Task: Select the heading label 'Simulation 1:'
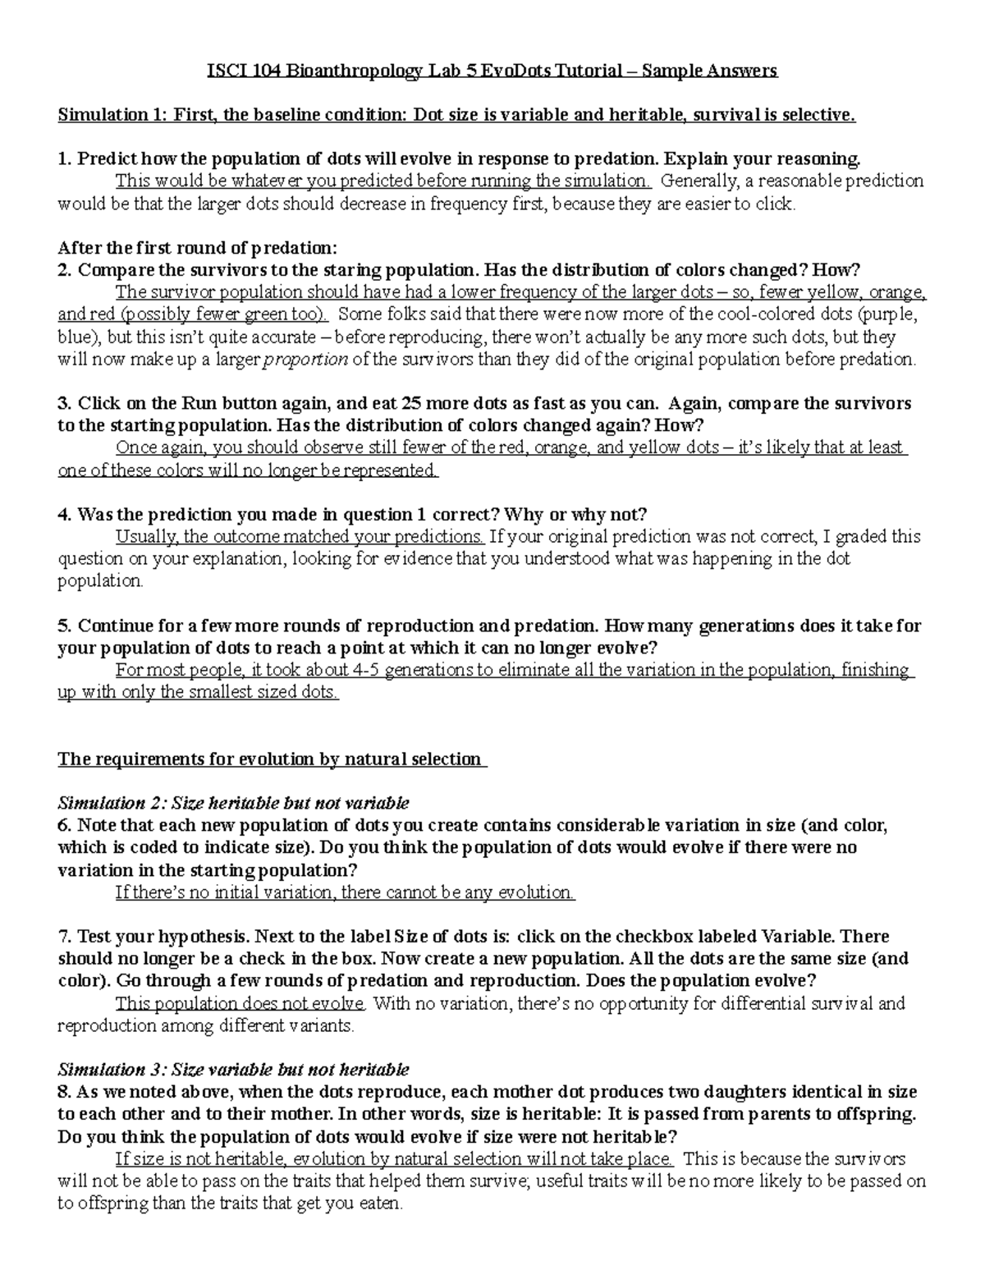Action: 112,115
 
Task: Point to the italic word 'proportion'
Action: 304,360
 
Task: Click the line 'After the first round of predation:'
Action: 197,248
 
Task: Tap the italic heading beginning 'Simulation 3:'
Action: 233,1069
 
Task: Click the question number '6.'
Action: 65,825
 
